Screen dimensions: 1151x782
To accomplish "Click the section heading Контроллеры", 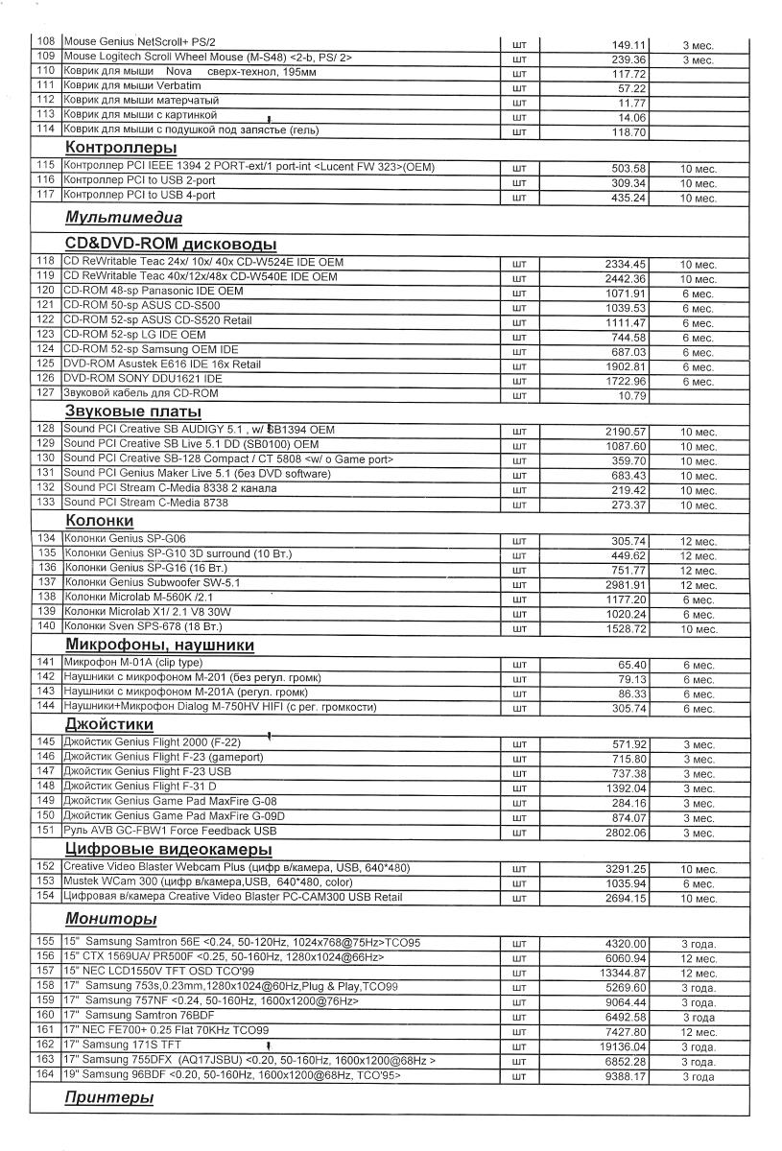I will tap(121, 148).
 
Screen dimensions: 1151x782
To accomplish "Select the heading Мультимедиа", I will tap(123, 218).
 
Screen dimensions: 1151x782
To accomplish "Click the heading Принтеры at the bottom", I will tap(108, 1097).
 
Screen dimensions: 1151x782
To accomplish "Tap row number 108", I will tap(45, 43).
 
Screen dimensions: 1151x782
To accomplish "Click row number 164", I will tap(45, 1076).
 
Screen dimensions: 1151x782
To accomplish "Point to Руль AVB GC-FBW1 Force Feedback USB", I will tap(169, 831).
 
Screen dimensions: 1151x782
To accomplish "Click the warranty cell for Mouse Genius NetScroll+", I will tap(698, 45).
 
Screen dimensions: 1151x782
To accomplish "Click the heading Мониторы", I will tap(110, 919).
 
